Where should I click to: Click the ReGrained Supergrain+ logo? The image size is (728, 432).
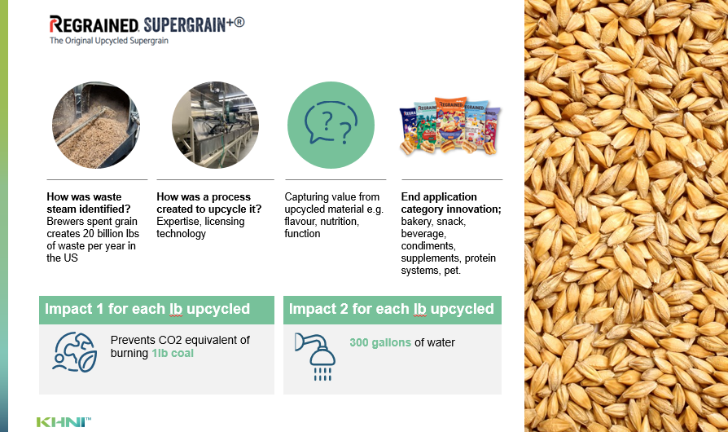coord(147,24)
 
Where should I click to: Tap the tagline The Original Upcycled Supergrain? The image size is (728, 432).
coord(109,41)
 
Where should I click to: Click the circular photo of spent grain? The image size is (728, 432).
coord(96,125)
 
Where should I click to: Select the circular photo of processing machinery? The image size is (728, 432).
coord(216,125)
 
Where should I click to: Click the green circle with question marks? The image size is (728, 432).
coord(331,125)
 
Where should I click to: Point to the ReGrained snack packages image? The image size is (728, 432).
coord(450,126)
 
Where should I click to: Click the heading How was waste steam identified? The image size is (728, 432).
coord(89,203)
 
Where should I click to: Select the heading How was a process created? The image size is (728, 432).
coord(209,203)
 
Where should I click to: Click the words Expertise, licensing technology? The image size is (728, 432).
coord(200,227)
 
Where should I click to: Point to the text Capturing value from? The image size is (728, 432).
coord(332,197)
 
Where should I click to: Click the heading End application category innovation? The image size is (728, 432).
coord(451,203)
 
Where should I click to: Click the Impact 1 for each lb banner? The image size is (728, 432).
coord(156,310)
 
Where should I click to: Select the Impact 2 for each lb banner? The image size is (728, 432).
coord(393,310)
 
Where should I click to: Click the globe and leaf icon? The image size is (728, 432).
coord(75,352)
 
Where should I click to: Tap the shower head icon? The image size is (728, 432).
coord(315,357)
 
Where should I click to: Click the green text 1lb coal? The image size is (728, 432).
coord(173,354)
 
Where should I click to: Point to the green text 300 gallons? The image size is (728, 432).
coord(380,343)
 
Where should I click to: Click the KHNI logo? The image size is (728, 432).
coord(64,421)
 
